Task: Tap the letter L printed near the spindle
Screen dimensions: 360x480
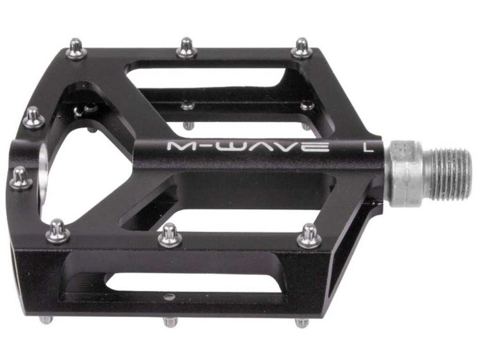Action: [367, 146]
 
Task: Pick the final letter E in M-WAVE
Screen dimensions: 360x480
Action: [318, 146]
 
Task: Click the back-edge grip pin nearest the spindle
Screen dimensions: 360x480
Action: [302, 49]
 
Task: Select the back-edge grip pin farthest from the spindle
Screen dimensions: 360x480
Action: [76, 49]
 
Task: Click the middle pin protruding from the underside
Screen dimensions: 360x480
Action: [170, 322]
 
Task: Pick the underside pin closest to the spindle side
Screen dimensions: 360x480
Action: [302, 323]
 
